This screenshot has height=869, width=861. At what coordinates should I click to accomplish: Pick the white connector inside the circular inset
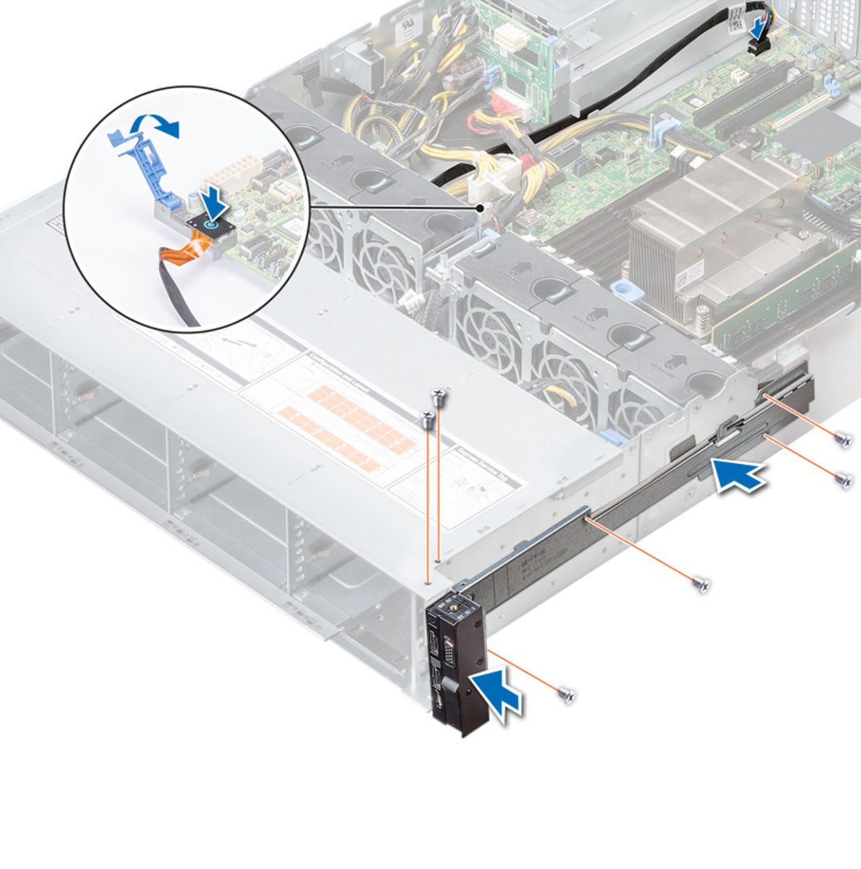(x=226, y=172)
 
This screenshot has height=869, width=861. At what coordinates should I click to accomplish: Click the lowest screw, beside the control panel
(x=568, y=695)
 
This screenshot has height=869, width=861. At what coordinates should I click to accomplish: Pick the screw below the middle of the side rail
(x=701, y=584)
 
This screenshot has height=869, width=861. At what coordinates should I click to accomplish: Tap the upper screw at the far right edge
(x=841, y=438)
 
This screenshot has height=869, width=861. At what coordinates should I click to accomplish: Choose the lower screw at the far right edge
(x=843, y=479)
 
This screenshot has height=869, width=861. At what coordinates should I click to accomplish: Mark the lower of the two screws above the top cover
(x=429, y=417)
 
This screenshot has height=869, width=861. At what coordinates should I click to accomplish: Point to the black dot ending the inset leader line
(x=479, y=207)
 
